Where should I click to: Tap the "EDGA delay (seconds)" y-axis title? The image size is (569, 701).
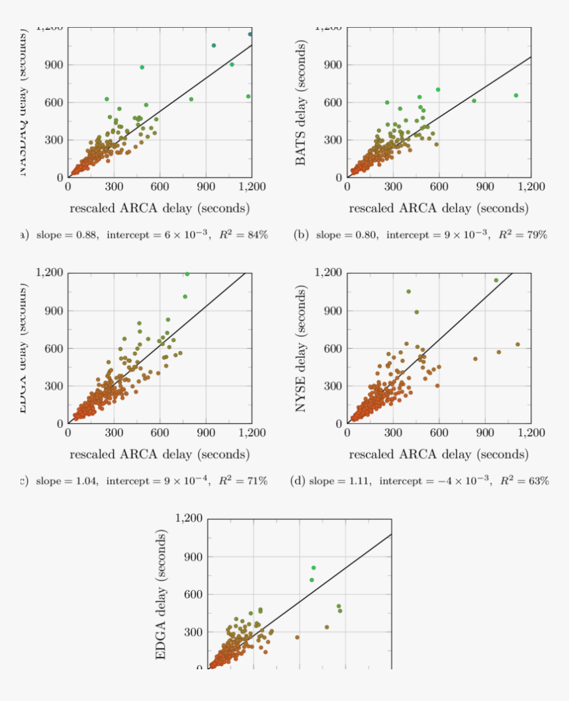[161, 595]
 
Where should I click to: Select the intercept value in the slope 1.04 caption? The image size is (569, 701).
[158, 481]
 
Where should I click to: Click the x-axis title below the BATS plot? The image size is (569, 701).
[439, 209]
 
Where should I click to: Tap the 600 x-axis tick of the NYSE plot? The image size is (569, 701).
[439, 433]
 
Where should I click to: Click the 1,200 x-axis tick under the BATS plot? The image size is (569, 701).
[530, 187]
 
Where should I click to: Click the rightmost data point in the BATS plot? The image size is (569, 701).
[516, 95]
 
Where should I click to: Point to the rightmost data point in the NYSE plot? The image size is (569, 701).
[517, 344]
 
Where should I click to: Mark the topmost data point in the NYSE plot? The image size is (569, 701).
[496, 280]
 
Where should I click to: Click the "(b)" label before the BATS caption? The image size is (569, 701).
[301, 235]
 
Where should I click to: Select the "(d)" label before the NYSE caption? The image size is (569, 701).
[298, 481]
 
